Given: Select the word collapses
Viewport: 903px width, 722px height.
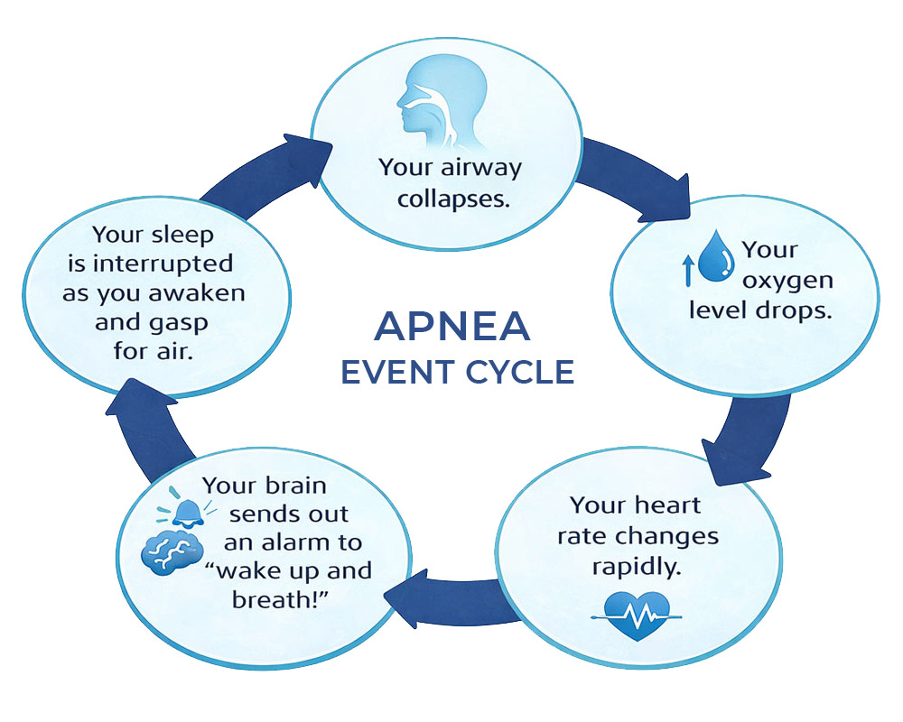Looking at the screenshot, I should pyautogui.click(x=450, y=198).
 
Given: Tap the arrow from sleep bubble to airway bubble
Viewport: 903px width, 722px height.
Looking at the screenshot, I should pyautogui.click(x=262, y=168).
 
